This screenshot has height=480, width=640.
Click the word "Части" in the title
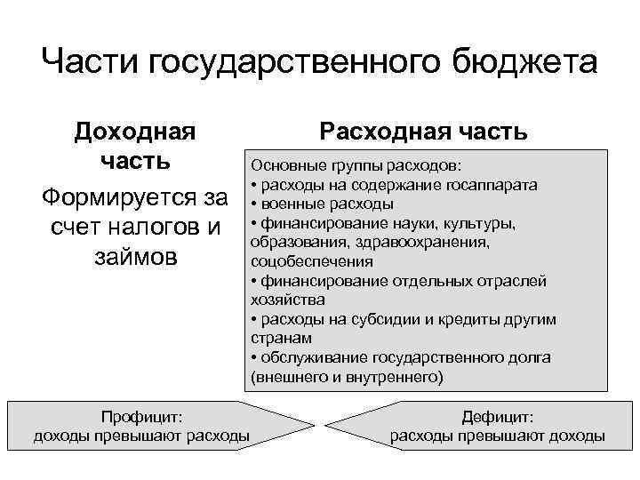(x=91, y=63)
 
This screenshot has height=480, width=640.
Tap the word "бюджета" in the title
(x=524, y=63)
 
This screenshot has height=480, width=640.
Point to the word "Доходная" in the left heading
(x=134, y=132)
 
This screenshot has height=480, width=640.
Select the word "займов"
(x=134, y=257)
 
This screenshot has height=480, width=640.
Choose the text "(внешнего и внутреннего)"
(x=347, y=377)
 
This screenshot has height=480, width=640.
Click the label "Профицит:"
(x=141, y=415)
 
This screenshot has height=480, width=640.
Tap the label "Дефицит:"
(x=498, y=415)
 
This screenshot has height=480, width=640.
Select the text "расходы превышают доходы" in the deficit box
(x=498, y=436)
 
